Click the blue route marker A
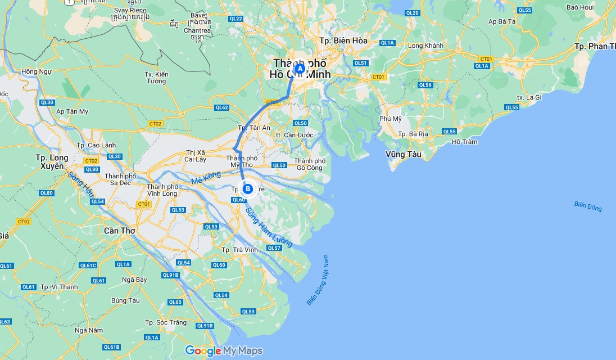coord(300,69)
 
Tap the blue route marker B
coord(248,189)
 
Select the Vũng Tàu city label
coord(404,154)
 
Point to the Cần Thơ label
coord(120,231)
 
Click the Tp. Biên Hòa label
coord(343,40)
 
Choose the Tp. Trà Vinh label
coord(240,250)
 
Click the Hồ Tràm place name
coord(465,142)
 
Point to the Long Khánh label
coord(425,46)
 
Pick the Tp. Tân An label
coord(254,128)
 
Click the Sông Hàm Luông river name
coord(270,224)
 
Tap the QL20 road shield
coord(412,13)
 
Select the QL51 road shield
coord(361,64)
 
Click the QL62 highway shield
coord(222,107)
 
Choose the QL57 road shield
coord(274,248)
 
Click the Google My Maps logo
coord(224,351)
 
